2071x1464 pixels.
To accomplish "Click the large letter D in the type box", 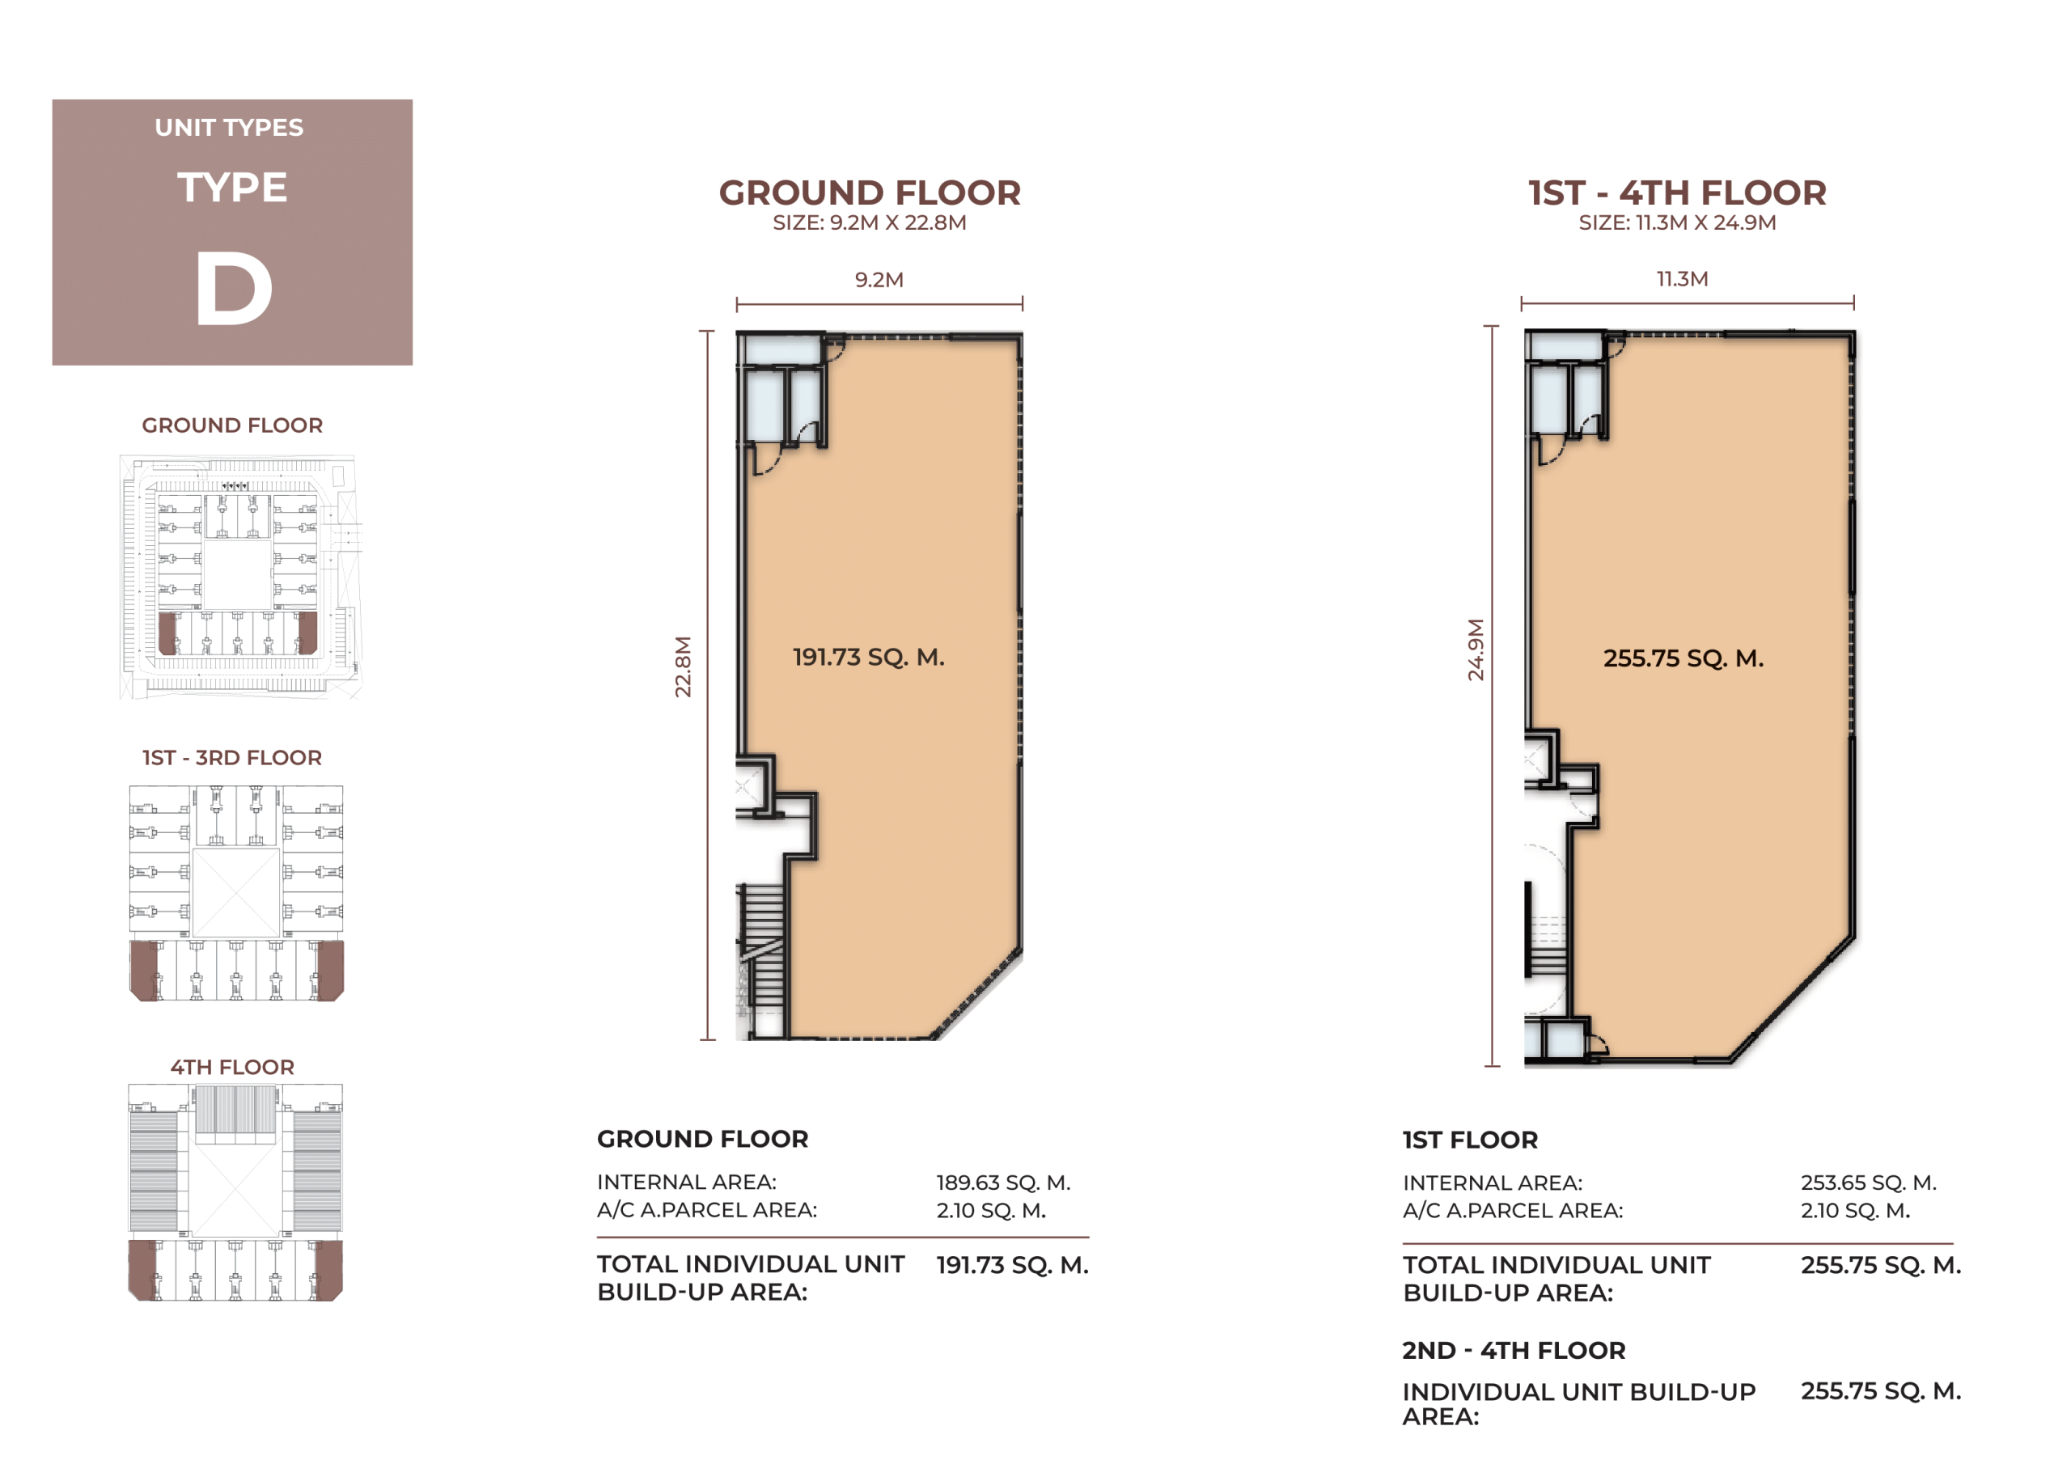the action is pos(234,288).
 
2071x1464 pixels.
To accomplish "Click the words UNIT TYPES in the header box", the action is pos(229,127).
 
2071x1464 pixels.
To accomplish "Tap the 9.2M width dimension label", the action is pos(879,280).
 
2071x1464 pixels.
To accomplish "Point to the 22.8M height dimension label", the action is pos(683,666).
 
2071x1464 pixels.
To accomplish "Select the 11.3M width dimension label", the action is pos(1682,279).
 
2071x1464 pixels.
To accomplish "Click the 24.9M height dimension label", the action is pos(1475,649).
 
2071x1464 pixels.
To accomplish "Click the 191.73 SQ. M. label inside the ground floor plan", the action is pos(869,657).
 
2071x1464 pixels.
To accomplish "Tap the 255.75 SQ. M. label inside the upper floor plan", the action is pos(1683,658).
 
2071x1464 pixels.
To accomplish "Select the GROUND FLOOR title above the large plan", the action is pos(870,193).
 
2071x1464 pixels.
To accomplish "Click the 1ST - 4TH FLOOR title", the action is pos(1677,193).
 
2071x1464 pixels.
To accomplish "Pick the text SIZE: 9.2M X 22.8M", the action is pos(870,222).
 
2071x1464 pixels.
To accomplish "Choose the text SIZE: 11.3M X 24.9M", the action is pos(1677,222).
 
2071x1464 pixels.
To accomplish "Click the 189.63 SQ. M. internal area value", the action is pos(1003,1182).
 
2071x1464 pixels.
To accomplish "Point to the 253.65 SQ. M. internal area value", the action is pos(1869,1182).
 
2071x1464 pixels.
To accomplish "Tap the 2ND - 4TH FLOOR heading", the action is pos(1514,1350).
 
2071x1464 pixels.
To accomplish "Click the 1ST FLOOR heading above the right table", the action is pos(1470,1140).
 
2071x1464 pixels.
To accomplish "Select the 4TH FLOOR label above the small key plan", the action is pos(233,1067).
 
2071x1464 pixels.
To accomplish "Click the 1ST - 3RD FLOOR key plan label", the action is pos(232,758).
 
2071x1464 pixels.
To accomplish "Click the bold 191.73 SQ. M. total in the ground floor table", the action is pos(1012,1265).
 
